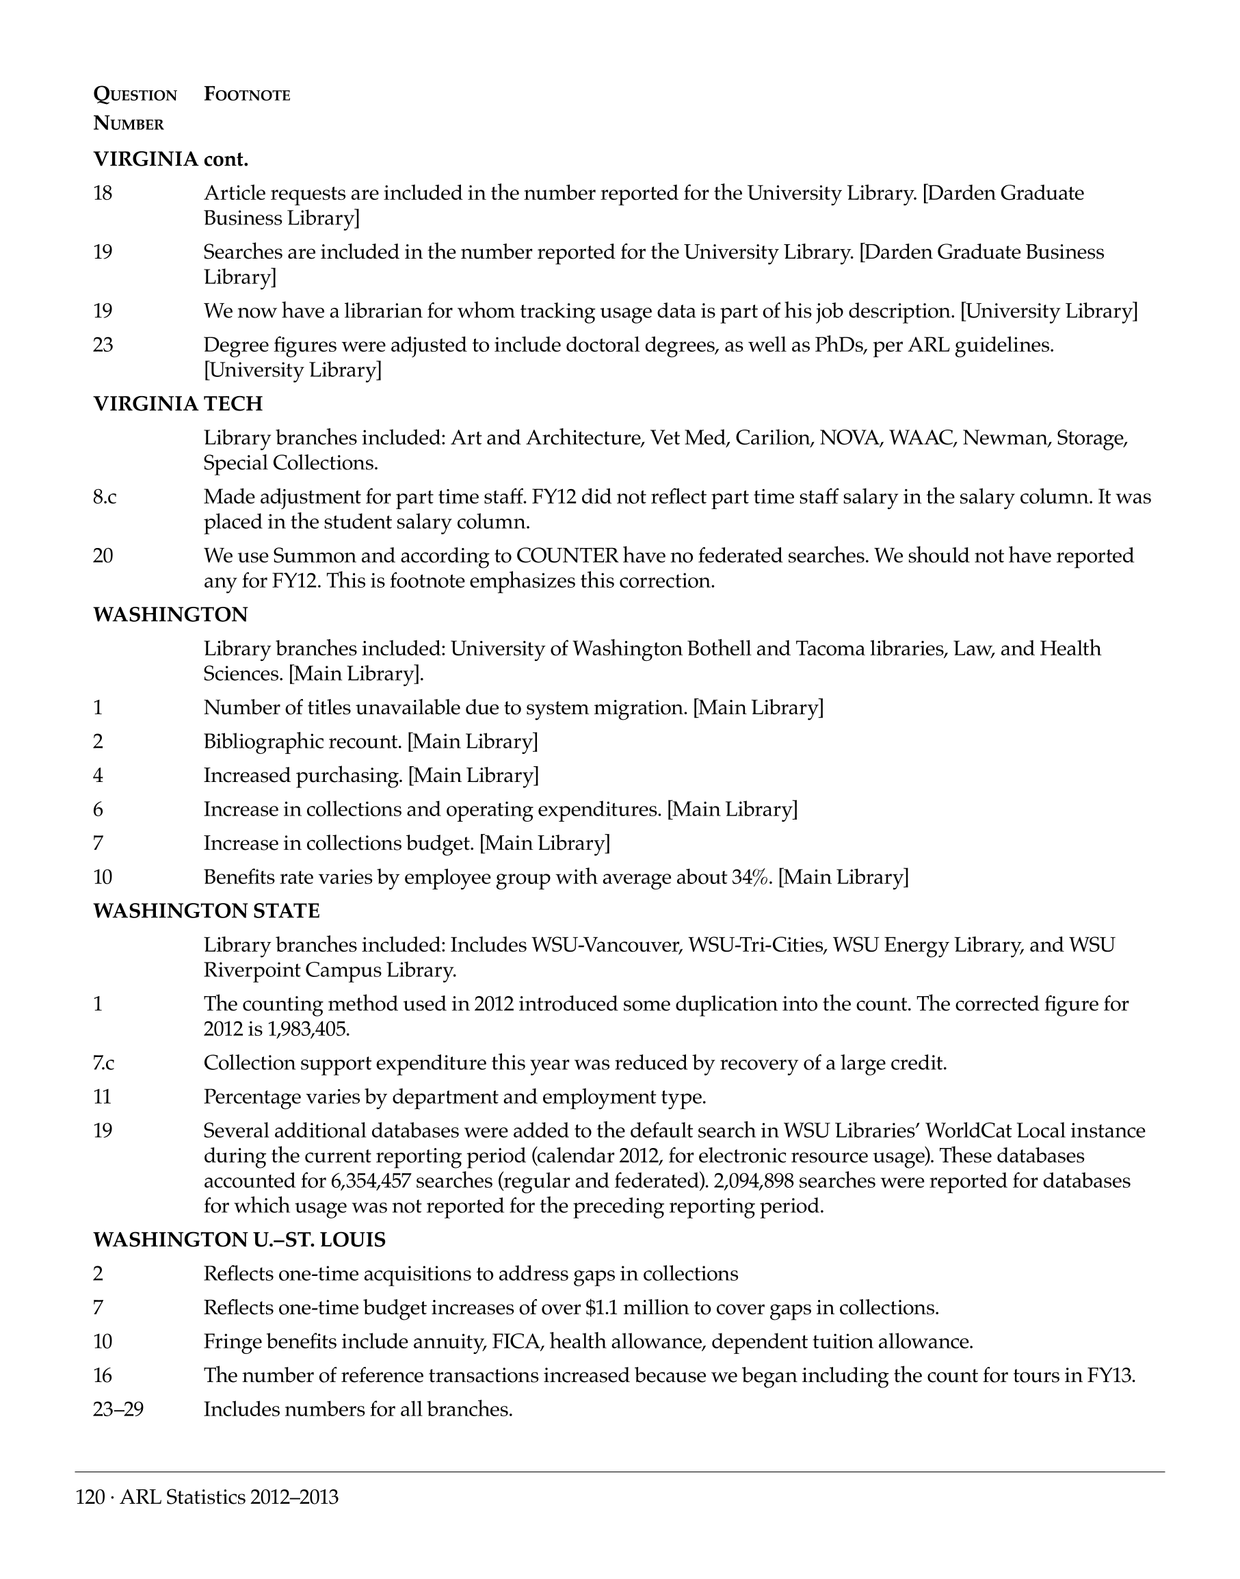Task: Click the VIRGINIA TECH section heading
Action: coord(178,404)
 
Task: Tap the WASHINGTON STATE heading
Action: coord(206,911)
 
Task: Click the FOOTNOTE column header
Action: coord(247,94)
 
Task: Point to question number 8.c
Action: coord(105,497)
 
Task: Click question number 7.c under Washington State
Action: coord(104,1062)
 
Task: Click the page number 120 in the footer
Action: coord(90,1497)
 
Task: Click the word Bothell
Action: coord(728,649)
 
